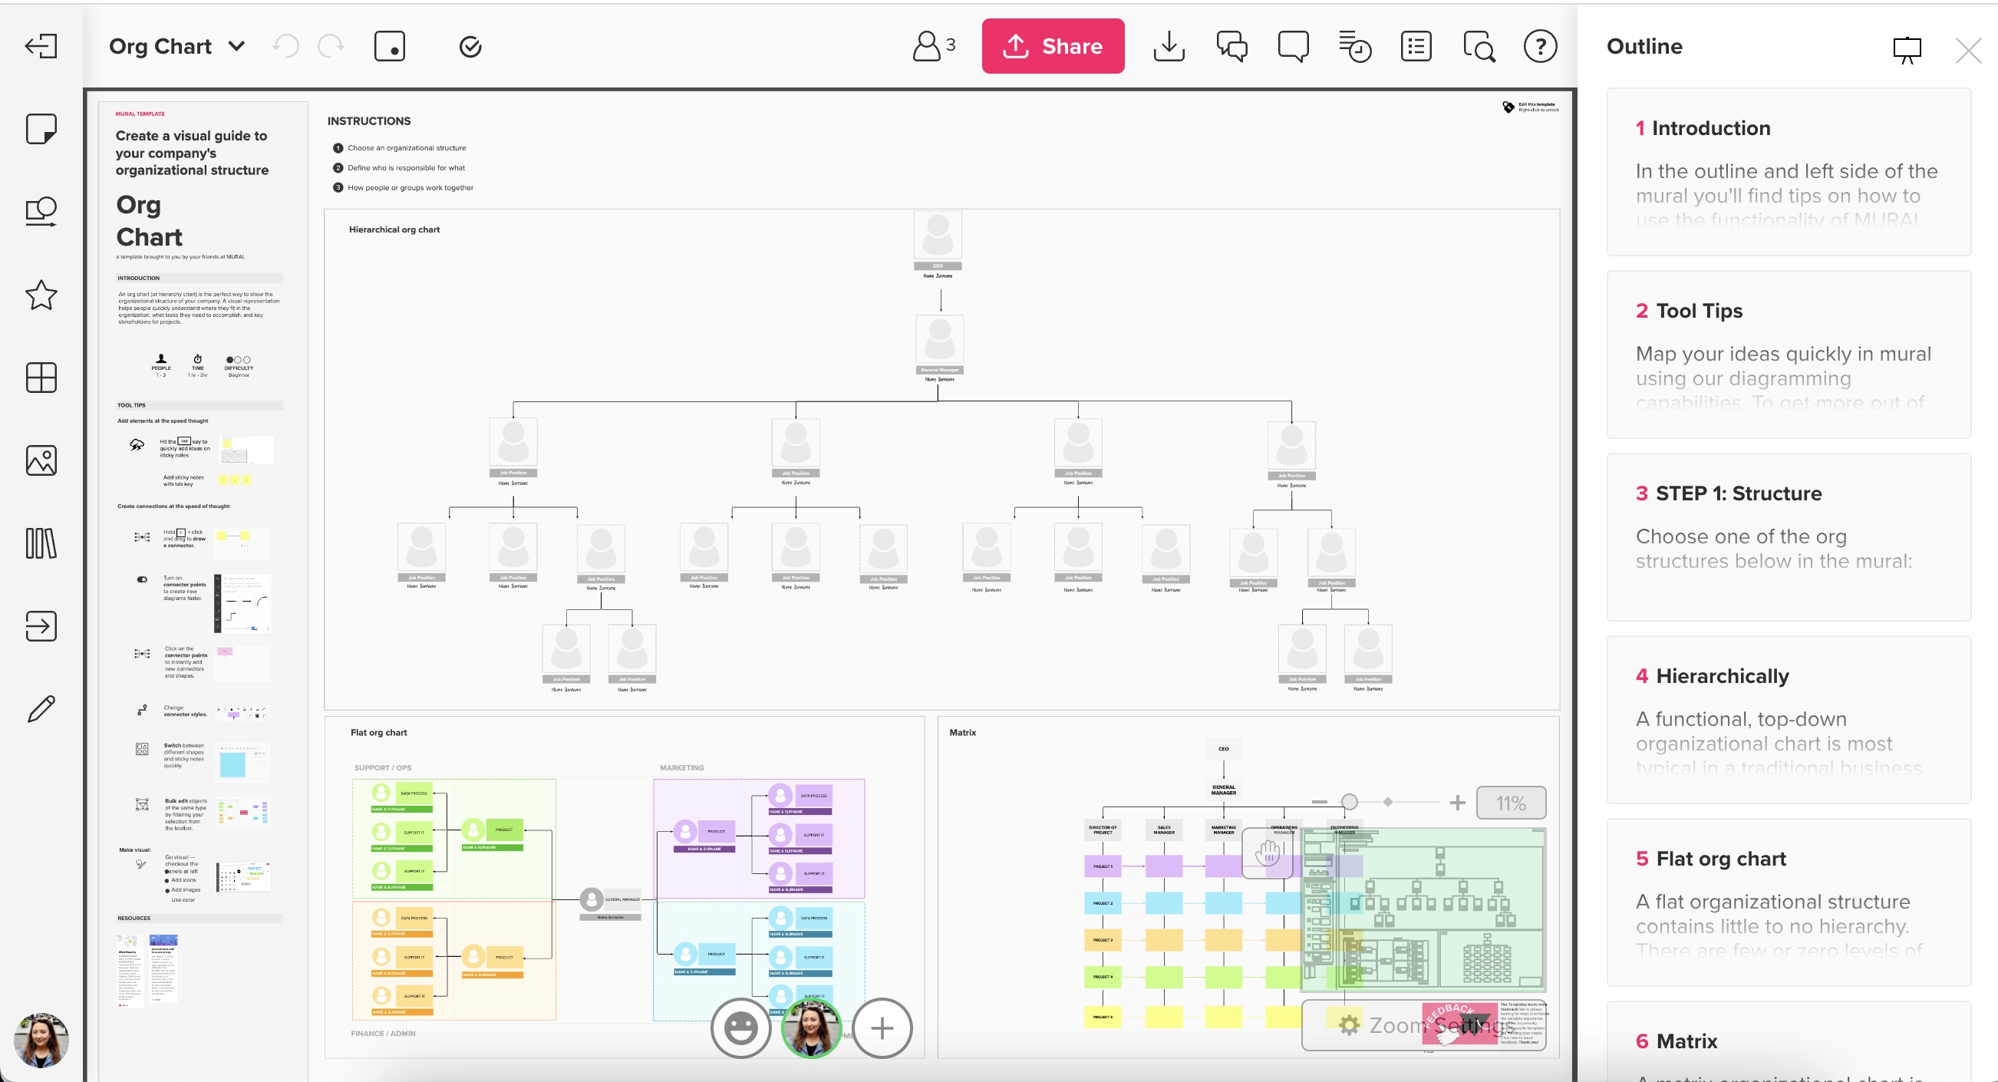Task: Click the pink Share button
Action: click(1053, 47)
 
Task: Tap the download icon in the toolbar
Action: click(1169, 47)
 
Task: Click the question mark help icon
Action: click(1540, 47)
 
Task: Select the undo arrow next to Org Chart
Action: click(286, 47)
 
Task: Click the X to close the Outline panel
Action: click(1968, 51)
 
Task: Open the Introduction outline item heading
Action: click(1710, 128)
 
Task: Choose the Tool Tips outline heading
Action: click(1699, 311)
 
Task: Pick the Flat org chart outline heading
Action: click(1720, 859)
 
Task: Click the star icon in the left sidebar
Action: click(41, 295)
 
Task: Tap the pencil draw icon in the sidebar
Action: click(41, 708)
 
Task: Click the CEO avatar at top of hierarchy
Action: click(938, 235)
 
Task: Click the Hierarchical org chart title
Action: click(394, 229)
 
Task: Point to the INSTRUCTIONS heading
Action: click(369, 121)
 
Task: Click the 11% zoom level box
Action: click(1510, 803)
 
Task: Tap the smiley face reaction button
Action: click(740, 1028)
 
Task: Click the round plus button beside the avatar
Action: click(882, 1028)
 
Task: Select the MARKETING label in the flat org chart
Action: click(682, 768)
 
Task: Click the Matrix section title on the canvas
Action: click(962, 732)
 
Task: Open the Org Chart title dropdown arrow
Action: click(237, 47)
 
